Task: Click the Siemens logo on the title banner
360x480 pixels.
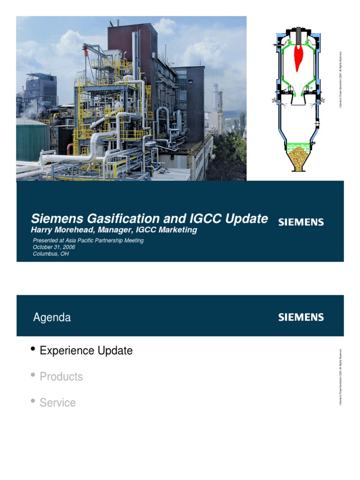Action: click(301, 222)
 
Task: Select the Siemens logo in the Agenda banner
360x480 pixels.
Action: click(301, 317)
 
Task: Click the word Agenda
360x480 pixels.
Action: click(52, 318)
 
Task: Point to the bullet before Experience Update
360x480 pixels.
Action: click(33, 349)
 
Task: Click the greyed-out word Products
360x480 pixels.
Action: click(61, 377)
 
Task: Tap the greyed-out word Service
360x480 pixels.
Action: click(58, 403)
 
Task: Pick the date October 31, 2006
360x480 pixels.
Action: click(53, 247)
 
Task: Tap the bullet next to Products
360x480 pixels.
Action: click(33, 375)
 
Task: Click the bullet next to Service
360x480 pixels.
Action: click(33, 401)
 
